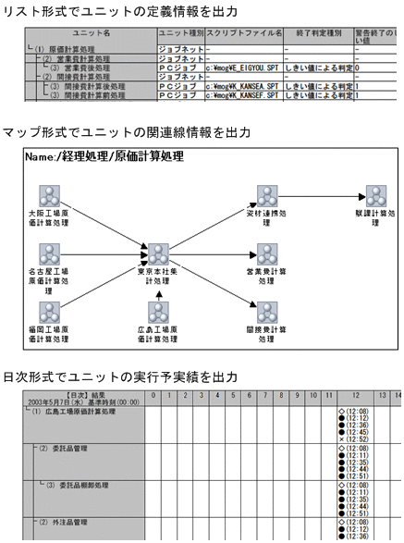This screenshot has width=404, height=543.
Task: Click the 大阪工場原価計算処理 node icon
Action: (50, 197)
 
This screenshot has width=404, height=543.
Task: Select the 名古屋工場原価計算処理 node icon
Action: (50, 255)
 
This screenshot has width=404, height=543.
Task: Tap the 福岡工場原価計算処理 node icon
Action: (50, 312)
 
